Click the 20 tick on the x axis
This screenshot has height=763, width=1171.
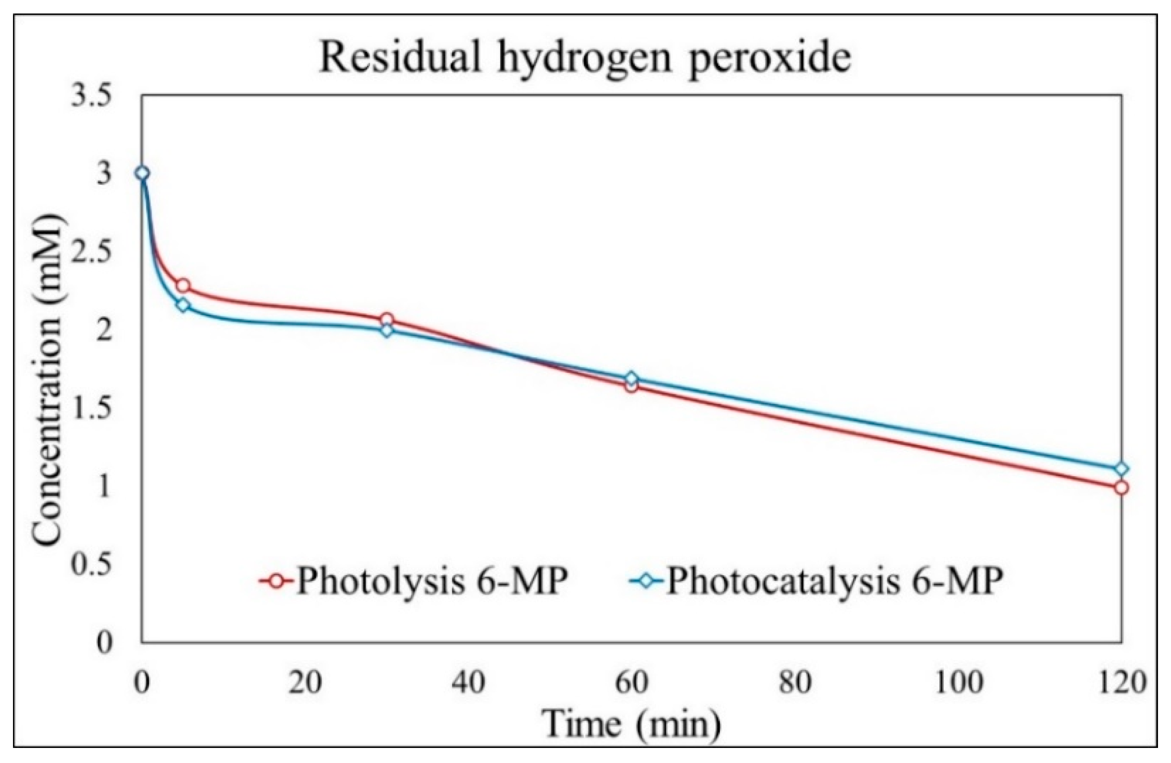pyautogui.click(x=305, y=683)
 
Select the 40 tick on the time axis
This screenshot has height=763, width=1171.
pyautogui.click(x=469, y=683)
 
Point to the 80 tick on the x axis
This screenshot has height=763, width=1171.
pyautogui.click(x=795, y=683)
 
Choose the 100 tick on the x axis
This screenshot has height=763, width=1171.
pyautogui.click(x=958, y=683)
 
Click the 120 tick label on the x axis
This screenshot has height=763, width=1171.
pyautogui.click(x=1121, y=683)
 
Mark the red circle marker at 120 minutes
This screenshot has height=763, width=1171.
pyautogui.click(x=1121, y=488)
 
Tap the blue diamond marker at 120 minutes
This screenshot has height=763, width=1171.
pyautogui.click(x=1121, y=469)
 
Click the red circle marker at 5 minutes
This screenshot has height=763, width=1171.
pyautogui.click(x=183, y=286)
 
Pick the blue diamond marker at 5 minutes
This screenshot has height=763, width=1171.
pyautogui.click(x=183, y=305)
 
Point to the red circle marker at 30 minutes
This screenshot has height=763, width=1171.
pyautogui.click(x=386, y=320)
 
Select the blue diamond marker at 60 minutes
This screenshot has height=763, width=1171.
pyautogui.click(x=631, y=379)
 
